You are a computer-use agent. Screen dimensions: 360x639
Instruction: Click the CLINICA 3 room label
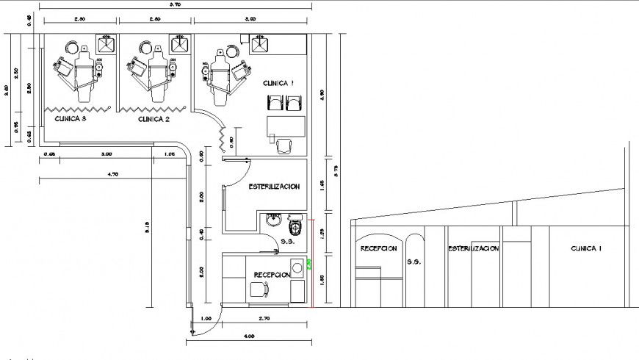(69, 118)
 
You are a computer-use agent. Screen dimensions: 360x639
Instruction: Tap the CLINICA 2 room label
(154, 118)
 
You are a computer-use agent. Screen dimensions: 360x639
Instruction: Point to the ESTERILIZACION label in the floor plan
(273, 187)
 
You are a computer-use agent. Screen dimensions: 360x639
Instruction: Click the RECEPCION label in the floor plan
(272, 275)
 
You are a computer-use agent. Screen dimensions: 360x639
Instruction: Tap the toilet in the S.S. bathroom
(295, 223)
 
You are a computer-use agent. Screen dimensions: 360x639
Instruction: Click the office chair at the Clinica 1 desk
(284, 147)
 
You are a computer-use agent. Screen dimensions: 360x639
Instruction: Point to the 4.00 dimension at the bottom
(249, 336)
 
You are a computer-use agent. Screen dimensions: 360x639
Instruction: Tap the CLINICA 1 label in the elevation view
(586, 249)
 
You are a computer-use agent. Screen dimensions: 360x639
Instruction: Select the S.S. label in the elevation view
(414, 261)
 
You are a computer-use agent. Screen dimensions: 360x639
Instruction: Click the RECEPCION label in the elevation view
(378, 249)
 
